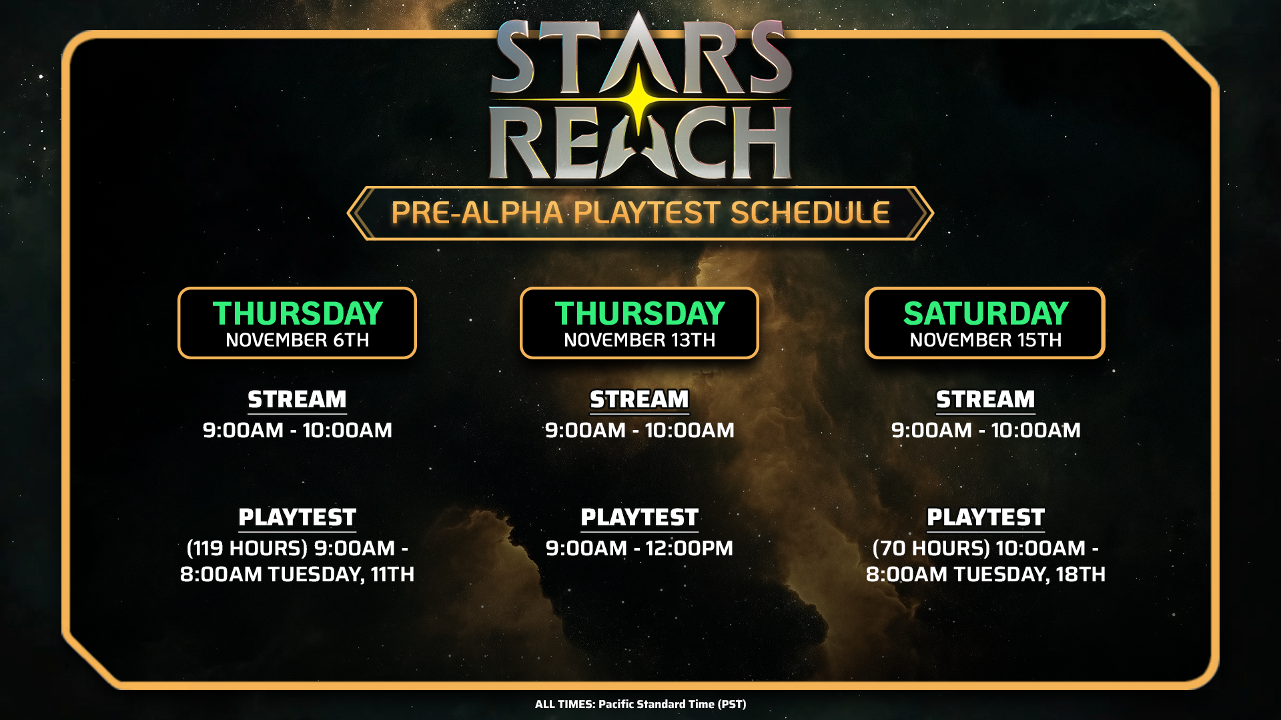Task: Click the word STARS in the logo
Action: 640,57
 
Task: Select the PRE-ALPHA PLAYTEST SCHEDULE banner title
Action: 640,213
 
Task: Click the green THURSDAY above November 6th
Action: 298,313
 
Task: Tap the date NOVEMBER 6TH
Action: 298,340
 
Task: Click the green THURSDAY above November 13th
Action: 640,313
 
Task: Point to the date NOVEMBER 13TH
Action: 640,340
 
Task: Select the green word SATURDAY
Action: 985,313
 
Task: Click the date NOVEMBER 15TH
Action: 985,340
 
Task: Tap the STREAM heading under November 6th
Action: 298,399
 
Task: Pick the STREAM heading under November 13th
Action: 640,399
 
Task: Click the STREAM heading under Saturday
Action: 985,399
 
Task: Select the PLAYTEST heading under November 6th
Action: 298,517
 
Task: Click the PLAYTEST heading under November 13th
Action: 640,517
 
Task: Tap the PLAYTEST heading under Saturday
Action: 985,517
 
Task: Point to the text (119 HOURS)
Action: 248,548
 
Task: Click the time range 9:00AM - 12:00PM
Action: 640,548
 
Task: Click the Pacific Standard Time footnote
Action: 640,704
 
